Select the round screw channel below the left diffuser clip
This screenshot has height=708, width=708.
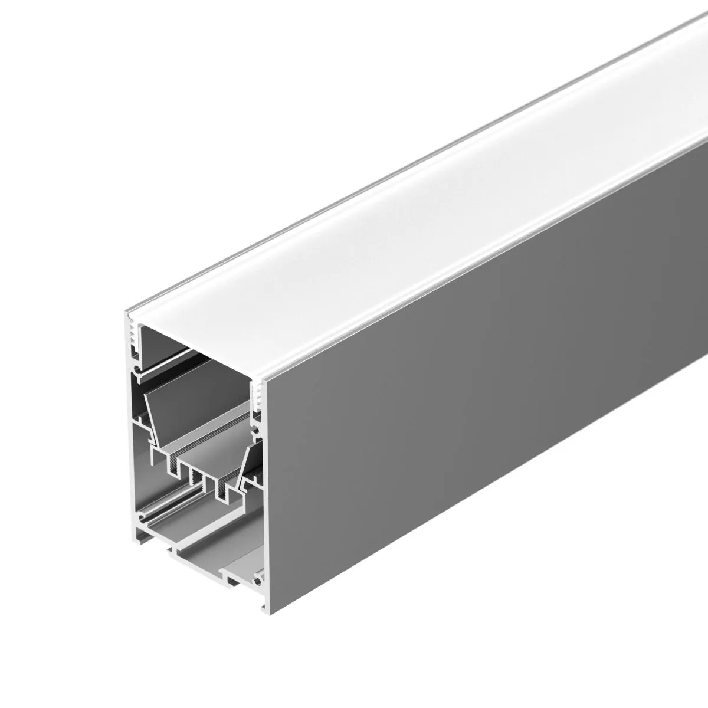(x=137, y=372)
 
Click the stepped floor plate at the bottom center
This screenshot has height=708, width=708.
(x=201, y=552)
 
